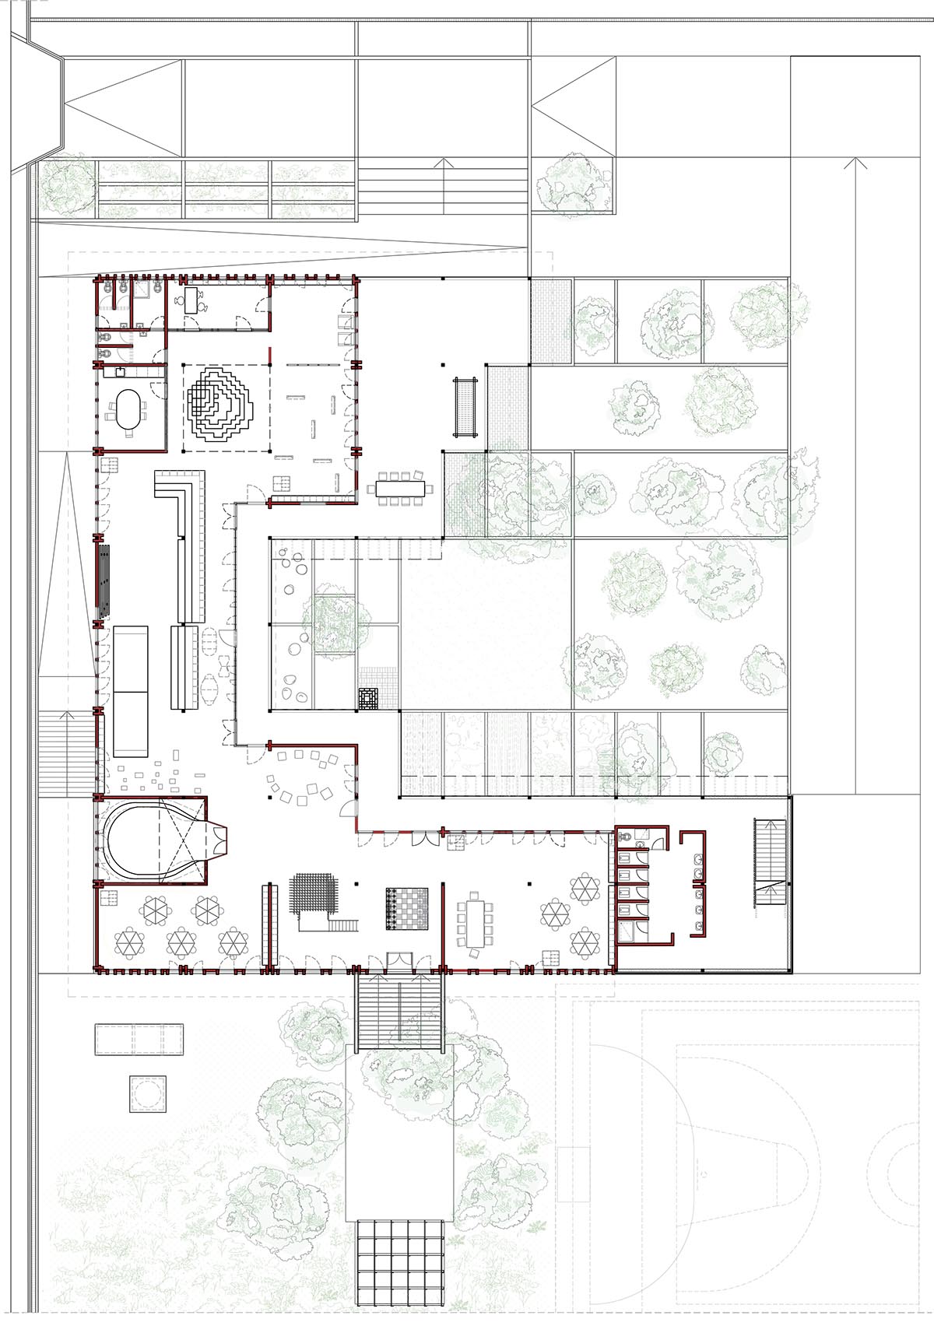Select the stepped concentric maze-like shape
tap(217, 405)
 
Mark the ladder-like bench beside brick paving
tap(465, 405)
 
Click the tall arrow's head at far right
tap(854, 162)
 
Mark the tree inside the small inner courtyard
tap(335, 621)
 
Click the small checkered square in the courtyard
tap(369, 698)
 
